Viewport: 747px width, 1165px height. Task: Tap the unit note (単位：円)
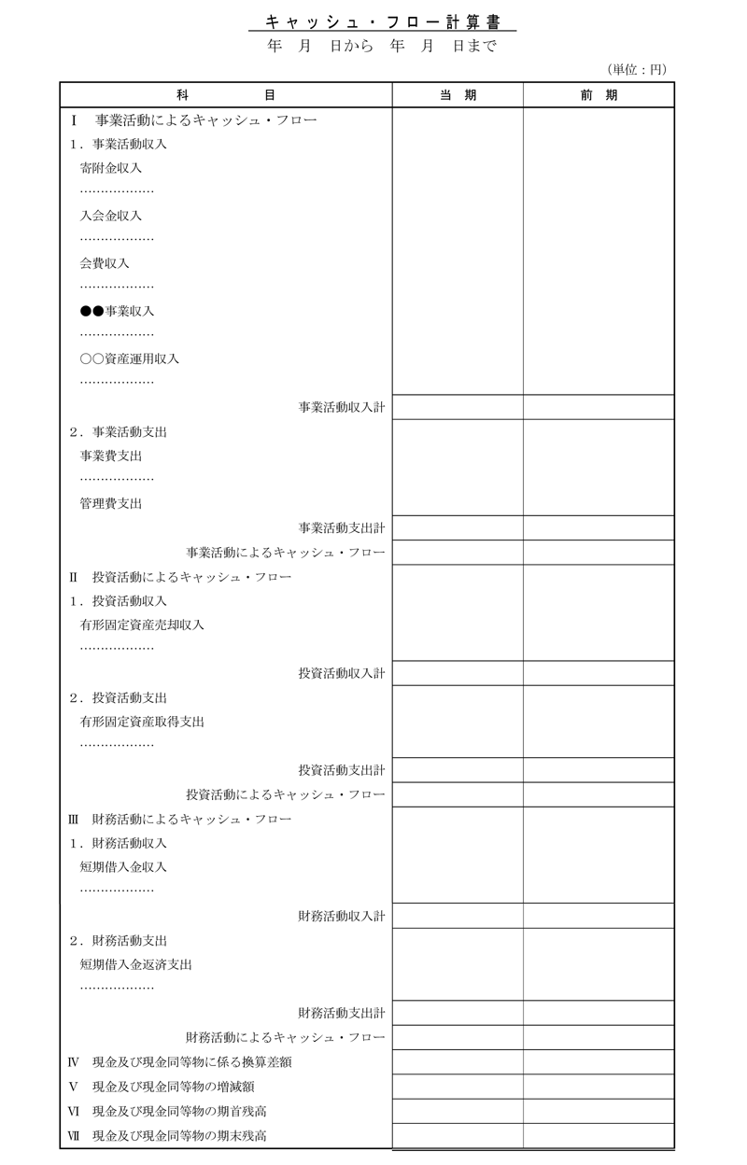(x=638, y=69)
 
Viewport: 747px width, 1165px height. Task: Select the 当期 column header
(x=458, y=95)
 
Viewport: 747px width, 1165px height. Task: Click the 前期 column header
(x=598, y=95)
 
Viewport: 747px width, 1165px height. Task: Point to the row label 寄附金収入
(x=111, y=168)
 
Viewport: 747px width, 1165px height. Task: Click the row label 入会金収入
(x=111, y=216)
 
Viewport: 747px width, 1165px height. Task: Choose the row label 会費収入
(x=105, y=263)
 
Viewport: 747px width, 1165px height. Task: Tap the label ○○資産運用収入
(x=130, y=358)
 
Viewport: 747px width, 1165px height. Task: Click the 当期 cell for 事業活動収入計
(x=458, y=407)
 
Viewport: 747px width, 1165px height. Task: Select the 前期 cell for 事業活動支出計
(x=598, y=527)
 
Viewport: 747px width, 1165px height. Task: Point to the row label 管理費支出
(x=111, y=503)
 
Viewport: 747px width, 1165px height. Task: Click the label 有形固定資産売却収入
(x=142, y=625)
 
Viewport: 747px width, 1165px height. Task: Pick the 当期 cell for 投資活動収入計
(x=458, y=673)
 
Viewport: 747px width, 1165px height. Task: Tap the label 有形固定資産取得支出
(x=142, y=722)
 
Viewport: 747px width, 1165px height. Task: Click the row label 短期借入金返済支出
(x=136, y=964)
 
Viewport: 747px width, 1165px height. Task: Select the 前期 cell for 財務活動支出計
(x=598, y=1013)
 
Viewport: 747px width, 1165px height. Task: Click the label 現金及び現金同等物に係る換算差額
(x=187, y=1062)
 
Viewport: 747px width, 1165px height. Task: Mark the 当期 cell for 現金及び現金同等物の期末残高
(x=458, y=1136)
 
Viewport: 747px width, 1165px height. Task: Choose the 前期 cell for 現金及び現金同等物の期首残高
(x=598, y=1111)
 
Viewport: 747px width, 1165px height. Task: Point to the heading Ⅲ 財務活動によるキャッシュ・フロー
(x=180, y=819)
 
